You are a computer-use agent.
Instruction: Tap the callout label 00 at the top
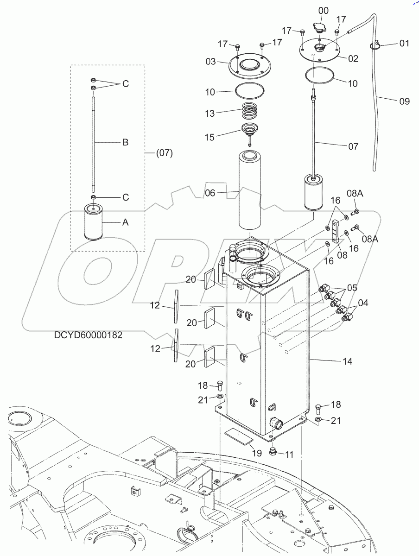pos(324,11)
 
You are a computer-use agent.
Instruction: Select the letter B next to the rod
pos(125,142)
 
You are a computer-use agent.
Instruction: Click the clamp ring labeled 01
pos(376,45)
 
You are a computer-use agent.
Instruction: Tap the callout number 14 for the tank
pos(346,361)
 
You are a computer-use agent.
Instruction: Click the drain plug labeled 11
pos(274,452)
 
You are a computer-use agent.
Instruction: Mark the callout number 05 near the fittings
pos(352,288)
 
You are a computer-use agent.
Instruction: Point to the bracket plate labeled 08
pos(335,231)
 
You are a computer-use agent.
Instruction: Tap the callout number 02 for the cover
pos(353,59)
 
